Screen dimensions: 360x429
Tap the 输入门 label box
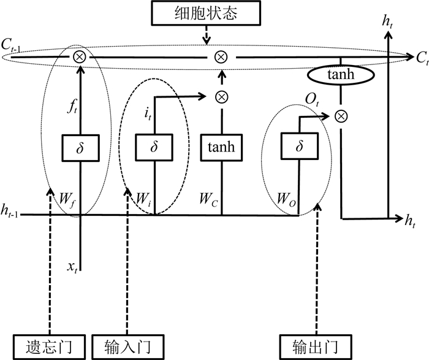click(x=129, y=346)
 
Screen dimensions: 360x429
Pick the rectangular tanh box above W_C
click(x=221, y=147)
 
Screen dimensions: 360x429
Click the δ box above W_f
click(x=80, y=147)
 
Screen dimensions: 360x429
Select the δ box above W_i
click(x=154, y=147)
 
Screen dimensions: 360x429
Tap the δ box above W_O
click(x=298, y=147)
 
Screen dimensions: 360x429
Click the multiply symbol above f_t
click(x=79, y=57)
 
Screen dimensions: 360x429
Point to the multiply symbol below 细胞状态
click(x=221, y=57)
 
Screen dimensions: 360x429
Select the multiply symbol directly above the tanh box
click(x=221, y=96)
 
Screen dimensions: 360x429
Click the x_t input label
click(x=73, y=267)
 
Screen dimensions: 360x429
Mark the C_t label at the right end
click(x=421, y=59)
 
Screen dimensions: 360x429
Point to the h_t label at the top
click(x=387, y=21)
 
